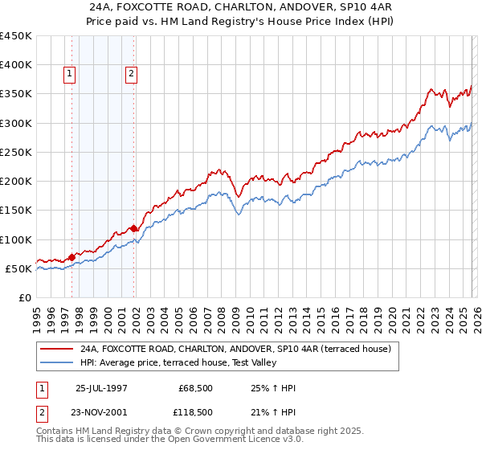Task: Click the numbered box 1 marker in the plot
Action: (71, 74)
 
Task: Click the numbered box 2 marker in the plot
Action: (131, 74)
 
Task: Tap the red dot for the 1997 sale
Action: (72, 257)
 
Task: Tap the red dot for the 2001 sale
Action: (133, 228)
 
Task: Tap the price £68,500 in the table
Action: (196, 388)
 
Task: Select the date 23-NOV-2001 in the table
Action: (101, 411)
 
